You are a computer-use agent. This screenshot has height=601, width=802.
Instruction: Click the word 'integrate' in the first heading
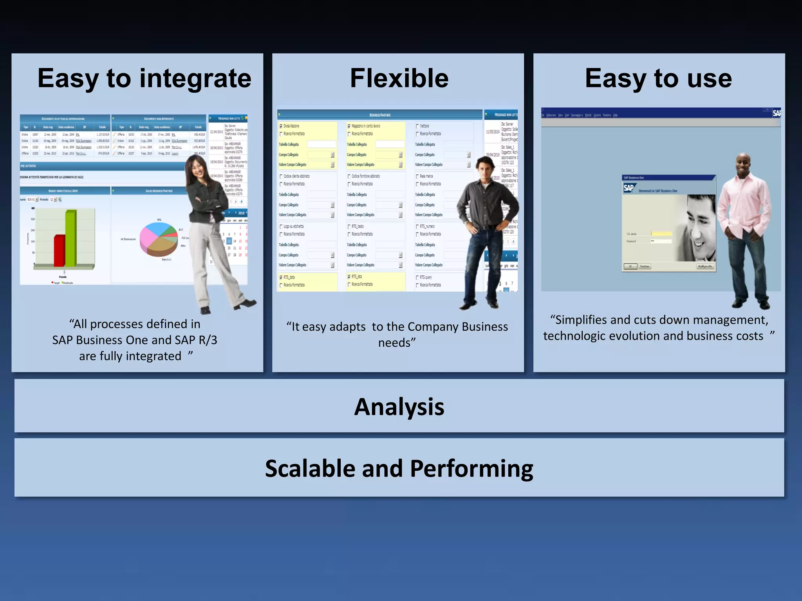click(195, 79)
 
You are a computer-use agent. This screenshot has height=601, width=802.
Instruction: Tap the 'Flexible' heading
click(399, 78)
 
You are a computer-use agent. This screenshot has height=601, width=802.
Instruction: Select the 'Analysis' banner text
click(399, 407)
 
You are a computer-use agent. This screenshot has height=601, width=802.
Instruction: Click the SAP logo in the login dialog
click(628, 188)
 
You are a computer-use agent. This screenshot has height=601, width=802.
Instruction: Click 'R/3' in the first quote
click(208, 340)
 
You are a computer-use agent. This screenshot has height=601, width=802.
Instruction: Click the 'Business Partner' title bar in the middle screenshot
click(380, 115)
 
